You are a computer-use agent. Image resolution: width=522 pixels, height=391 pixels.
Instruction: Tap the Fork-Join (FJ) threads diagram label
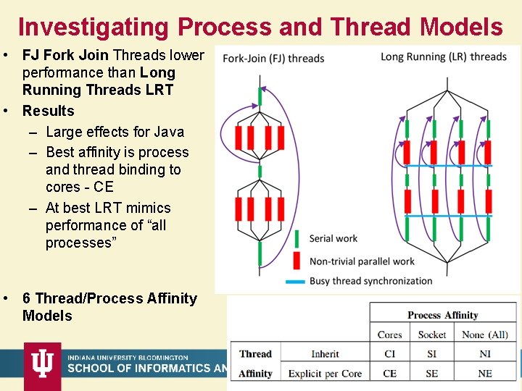coord(273,58)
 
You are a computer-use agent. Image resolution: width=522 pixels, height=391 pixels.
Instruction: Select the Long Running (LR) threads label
coord(443,56)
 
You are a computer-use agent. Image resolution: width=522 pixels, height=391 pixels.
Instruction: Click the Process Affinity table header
coord(442,315)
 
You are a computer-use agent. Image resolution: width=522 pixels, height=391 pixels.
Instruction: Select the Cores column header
coord(389,335)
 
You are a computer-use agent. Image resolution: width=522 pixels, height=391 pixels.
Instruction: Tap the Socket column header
coord(432,335)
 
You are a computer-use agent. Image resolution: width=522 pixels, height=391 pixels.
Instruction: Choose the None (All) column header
coord(484,335)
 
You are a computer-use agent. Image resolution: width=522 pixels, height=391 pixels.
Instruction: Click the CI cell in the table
coord(389,354)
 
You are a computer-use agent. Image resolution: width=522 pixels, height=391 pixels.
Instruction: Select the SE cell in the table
coord(432,374)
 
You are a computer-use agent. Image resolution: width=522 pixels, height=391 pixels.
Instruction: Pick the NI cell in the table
coord(484,354)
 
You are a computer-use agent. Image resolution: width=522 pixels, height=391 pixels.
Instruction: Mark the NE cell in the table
coord(484,374)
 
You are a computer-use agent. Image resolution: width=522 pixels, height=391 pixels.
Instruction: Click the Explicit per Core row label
coord(325,374)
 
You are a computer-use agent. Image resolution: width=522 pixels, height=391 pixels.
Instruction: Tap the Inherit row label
coord(325,354)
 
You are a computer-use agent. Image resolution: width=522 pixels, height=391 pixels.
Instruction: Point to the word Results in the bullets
coord(48,111)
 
